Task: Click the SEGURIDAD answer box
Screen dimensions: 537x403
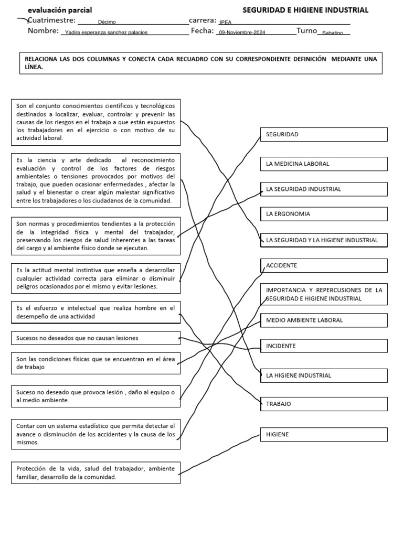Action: coord(324,134)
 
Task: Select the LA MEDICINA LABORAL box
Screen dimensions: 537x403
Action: coord(324,164)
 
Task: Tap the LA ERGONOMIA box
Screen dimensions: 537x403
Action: coord(324,214)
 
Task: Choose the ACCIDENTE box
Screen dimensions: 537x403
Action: coord(324,265)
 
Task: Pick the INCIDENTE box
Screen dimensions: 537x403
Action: coord(324,346)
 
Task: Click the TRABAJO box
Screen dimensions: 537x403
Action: coord(324,404)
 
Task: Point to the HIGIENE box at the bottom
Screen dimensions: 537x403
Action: coord(324,434)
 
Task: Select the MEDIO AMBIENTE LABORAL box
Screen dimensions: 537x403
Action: coord(324,320)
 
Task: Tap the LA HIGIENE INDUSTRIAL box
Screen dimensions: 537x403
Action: coord(324,375)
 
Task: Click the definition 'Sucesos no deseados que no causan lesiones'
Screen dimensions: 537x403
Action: coord(96,338)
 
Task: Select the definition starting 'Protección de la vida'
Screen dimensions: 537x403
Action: coord(96,472)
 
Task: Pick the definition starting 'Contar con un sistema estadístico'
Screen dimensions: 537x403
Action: coord(96,434)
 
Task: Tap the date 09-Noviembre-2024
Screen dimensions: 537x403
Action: coord(242,33)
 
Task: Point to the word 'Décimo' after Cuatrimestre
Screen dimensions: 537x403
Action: coord(107,22)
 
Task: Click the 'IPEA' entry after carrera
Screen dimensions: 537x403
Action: coord(225,23)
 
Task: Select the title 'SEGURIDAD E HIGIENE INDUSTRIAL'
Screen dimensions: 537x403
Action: coord(305,10)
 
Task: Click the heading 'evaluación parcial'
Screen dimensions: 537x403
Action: coord(60,10)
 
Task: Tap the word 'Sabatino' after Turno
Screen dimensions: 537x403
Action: coord(333,33)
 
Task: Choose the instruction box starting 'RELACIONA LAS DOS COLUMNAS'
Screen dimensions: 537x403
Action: coord(201,63)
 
